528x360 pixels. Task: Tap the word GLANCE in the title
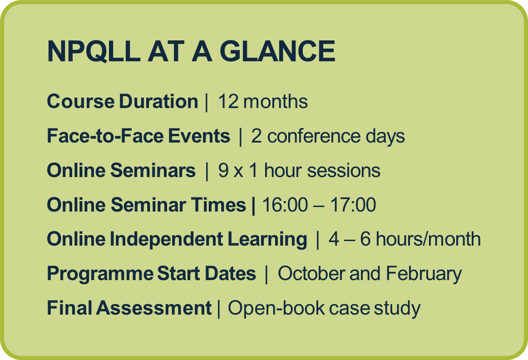(x=277, y=51)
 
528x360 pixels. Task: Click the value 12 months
(x=263, y=101)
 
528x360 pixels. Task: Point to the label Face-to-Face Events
(x=138, y=136)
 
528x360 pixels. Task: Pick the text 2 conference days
(x=328, y=136)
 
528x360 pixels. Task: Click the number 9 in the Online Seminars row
(x=223, y=170)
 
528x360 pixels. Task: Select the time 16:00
(x=285, y=205)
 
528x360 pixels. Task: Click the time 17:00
(x=353, y=205)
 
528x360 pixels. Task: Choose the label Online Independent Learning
(x=177, y=239)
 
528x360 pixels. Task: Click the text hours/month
(x=428, y=239)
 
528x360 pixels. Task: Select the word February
(x=424, y=274)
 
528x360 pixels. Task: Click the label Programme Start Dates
(x=152, y=274)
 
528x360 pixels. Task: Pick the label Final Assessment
(x=129, y=308)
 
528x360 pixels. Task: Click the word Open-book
(x=276, y=309)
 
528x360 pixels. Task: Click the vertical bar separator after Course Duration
(x=207, y=103)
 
